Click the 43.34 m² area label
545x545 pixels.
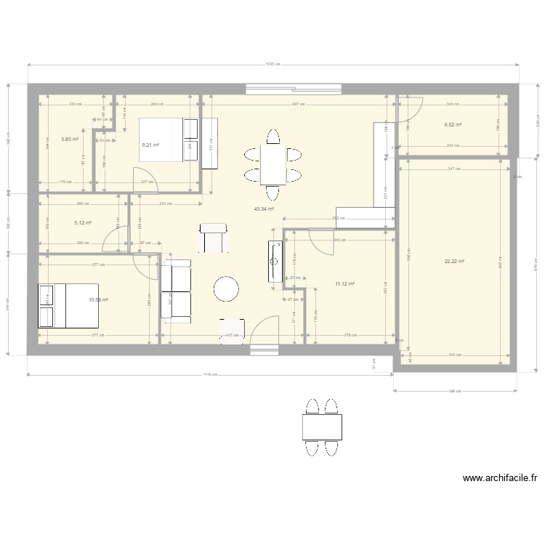tap(264, 209)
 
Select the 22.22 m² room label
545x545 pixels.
tap(454, 262)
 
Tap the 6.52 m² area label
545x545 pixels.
tap(453, 125)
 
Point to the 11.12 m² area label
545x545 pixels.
tap(344, 284)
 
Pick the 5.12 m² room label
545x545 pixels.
tap(80, 224)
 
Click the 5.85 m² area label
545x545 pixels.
tap(70, 139)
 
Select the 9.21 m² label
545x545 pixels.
tap(150, 145)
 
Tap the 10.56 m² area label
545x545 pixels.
tap(98, 299)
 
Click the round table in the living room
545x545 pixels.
tap(226, 288)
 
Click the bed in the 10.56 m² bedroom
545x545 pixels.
tap(62, 305)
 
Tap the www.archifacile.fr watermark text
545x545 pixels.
tap(498, 478)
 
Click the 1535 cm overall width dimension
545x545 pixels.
tap(273, 64)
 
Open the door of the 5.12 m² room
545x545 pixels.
tap(116, 238)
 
